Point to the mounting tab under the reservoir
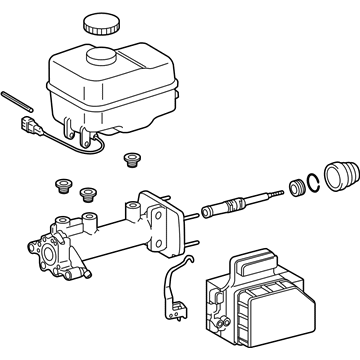coord(70,130)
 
